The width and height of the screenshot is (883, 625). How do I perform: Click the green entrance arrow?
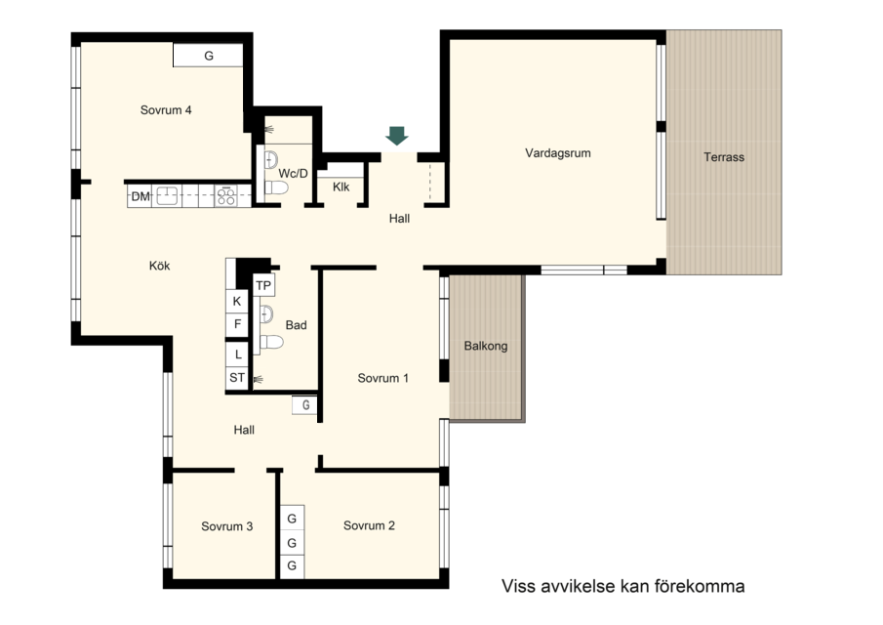(x=397, y=136)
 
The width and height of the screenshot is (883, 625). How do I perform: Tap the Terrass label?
(x=724, y=157)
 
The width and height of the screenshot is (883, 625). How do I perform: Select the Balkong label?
(x=486, y=346)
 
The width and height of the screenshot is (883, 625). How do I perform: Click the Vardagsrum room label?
(x=557, y=152)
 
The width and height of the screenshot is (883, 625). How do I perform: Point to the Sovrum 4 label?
(x=166, y=110)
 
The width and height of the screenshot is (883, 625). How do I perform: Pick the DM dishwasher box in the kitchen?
(x=140, y=196)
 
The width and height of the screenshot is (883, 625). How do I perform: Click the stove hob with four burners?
(x=226, y=196)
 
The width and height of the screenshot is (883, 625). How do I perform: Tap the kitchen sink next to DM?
(x=167, y=196)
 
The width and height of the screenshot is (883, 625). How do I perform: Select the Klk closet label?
(x=341, y=187)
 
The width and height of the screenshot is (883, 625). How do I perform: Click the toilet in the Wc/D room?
(x=276, y=187)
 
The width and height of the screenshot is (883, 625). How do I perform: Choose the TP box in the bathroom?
(x=263, y=286)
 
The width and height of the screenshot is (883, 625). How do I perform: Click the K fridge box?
(x=237, y=302)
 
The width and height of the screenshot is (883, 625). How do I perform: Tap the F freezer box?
(x=237, y=324)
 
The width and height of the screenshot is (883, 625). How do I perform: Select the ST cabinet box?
(x=237, y=378)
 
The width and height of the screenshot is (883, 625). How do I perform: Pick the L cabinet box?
(x=237, y=354)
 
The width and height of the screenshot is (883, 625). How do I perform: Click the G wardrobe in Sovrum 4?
(x=208, y=56)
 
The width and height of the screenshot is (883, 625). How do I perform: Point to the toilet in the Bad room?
(x=271, y=342)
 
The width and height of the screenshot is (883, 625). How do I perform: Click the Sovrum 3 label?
(x=227, y=526)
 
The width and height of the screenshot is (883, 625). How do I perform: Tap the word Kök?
(x=159, y=266)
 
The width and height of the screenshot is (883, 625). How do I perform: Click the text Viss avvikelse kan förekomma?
(x=622, y=586)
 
